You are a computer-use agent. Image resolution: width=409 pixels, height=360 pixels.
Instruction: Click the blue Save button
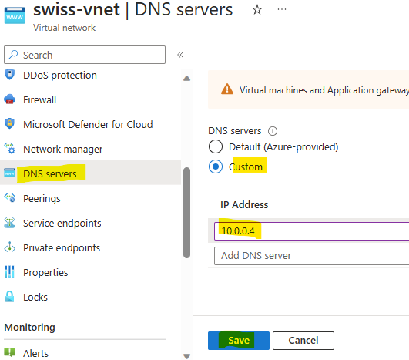[x=239, y=341]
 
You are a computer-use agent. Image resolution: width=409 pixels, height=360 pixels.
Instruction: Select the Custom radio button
[x=216, y=167]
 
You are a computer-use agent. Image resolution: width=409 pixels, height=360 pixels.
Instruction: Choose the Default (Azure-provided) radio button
[x=216, y=146]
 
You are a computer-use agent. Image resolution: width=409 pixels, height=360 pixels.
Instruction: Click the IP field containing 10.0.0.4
[x=311, y=231]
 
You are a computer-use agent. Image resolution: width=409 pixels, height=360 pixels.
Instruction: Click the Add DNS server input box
[x=311, y=256]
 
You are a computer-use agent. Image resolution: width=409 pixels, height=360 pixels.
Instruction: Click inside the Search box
[x=85, y=55]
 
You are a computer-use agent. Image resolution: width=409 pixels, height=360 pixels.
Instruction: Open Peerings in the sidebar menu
[x=42, y=198]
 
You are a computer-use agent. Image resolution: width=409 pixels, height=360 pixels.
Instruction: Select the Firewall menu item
[x=39, y=99]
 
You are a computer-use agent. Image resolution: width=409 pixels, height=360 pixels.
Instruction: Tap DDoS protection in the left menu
[x=60, y=76]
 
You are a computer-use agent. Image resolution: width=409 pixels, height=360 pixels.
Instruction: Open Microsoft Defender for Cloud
[x=88, y=125]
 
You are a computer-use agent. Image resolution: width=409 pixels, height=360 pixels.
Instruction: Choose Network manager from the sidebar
[x=63, y=150]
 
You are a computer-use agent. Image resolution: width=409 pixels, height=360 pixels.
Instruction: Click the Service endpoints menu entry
[x=62, y=224]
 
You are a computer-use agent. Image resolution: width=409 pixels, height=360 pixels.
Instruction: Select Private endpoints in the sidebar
[x=62, y=247]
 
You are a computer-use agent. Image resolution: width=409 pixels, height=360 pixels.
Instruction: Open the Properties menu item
[x=45, y=273]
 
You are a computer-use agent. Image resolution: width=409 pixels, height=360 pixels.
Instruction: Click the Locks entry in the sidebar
[x=35, y=297]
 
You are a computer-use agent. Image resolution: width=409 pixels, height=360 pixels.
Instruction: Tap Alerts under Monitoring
[x=35, y=353]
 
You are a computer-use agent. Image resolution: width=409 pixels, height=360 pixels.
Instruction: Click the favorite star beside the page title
[x=257, y=10]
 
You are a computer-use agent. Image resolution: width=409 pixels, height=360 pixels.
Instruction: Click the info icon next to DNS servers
[x=273, y=131]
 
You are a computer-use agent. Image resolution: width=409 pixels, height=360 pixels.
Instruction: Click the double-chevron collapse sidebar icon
[x=180, y=55]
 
